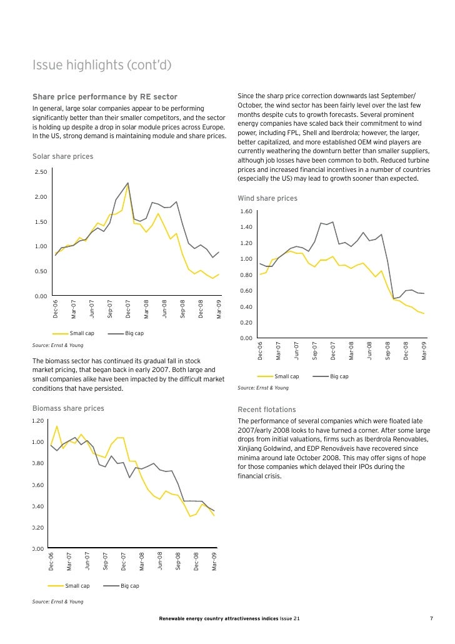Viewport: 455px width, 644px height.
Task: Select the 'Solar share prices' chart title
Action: pos(62,156)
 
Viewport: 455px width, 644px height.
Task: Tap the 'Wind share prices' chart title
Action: pos(267,199)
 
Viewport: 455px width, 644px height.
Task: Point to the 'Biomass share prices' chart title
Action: pos(67,408)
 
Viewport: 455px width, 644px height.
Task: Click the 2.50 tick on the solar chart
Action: pos(41,172)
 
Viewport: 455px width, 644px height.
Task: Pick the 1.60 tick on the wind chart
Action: pos(246,211)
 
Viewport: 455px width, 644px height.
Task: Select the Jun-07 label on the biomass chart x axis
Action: pos(87,560)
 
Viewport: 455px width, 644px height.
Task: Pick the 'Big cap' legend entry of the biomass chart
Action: pos(129,586)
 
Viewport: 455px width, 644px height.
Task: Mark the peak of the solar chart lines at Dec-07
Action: pos(128,183)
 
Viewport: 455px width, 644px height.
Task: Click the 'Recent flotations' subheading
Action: pos(267,410)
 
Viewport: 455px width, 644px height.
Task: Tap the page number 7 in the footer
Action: pos(431,619)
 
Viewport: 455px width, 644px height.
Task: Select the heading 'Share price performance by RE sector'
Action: pos(104,97)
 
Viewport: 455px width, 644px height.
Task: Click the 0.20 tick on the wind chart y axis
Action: pos(246,323)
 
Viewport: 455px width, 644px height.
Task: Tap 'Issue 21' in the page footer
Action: pos(289,619)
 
